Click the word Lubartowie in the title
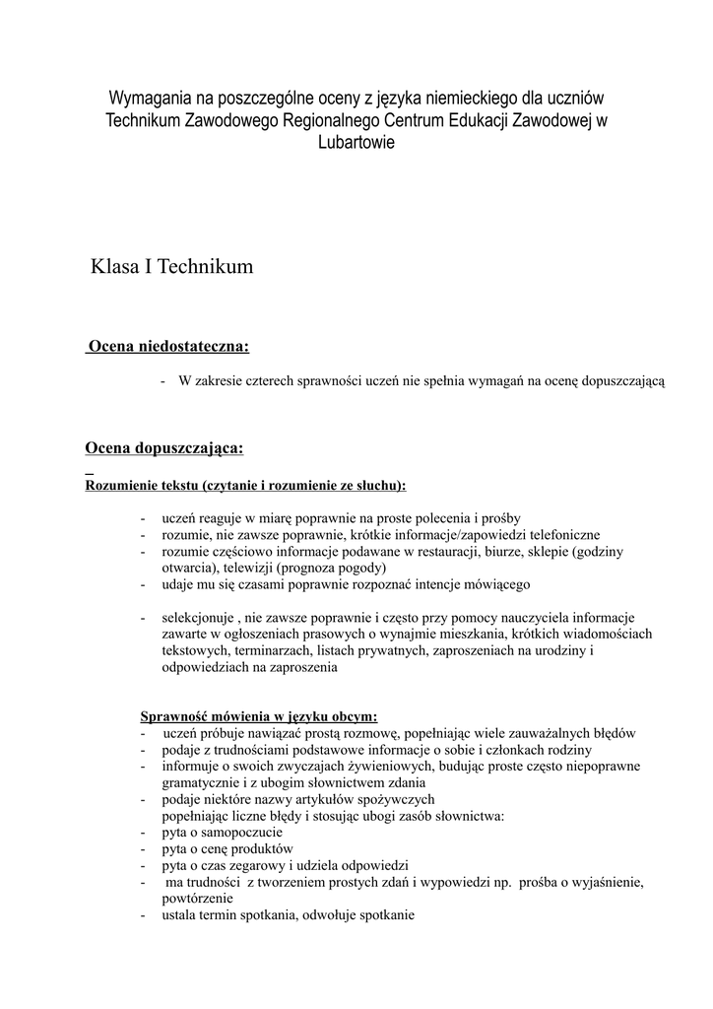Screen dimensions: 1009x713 tap(356, 143)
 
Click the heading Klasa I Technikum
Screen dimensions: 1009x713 tap(172, 266)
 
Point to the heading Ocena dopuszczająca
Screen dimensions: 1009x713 tap(164, 448)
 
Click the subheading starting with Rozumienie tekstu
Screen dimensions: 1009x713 tap(245, 485)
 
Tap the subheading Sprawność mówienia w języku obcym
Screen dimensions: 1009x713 tap(259, 716)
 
